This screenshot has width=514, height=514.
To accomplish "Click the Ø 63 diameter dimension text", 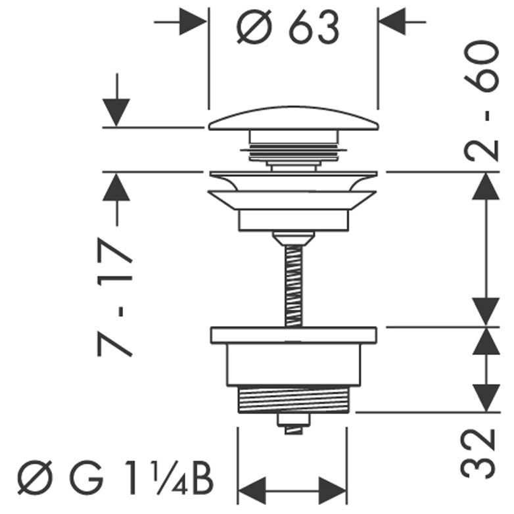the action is [287, 28].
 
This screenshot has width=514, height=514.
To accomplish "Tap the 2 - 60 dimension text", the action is [482, 101].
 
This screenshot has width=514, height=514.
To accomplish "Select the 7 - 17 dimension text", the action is [115, 297].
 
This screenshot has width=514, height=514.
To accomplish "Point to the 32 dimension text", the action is [478, 454].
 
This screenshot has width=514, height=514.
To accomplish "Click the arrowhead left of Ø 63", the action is [193, 22].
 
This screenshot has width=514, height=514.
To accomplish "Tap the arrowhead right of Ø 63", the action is [393, 22].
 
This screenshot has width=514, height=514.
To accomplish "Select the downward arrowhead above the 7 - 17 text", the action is [116, 112].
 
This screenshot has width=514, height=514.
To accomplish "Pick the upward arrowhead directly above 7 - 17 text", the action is [116, 187].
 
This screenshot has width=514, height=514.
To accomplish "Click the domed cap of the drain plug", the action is [294, 118].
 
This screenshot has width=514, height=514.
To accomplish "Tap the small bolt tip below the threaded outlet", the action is [293, 424].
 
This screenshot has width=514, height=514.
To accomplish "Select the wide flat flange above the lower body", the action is [293, 335].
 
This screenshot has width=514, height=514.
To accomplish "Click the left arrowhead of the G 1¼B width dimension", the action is [252, 491].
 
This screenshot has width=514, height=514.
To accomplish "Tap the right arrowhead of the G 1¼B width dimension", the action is [333, 491].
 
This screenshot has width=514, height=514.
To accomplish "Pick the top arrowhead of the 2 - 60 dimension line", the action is [486, 186].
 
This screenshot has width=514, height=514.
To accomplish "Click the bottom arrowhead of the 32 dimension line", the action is [486, 398].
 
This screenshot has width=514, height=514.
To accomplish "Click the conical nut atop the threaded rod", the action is [294, 239].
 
